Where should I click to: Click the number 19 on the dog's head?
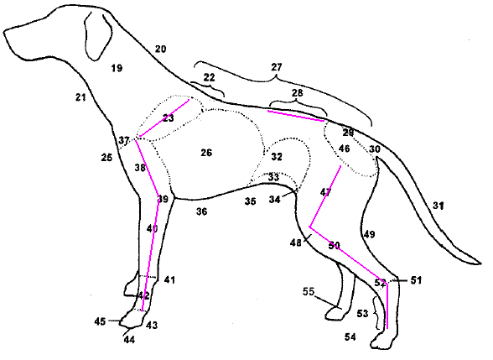click(x=117, y=68)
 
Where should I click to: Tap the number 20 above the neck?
click(x=160, y=50)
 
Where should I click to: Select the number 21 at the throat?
click(x=80, y=97)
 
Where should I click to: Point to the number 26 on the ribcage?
click(x=206, y=152)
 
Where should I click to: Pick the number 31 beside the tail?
click(x=438, y=205)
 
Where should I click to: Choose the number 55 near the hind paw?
click(x=309, y=291)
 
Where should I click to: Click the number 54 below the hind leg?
click(x=350, y=336)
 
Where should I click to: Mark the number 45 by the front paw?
click(x=100, y=321)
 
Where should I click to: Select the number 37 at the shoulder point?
click(x=124, y=139)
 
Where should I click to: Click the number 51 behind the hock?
click(x=416, y=280)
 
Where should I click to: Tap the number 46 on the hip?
click(x=344, y=149)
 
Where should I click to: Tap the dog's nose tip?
click(x=6, y=34)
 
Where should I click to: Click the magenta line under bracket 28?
click(x=295, y=115)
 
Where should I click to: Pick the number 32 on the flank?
click(x=277, y=157)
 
